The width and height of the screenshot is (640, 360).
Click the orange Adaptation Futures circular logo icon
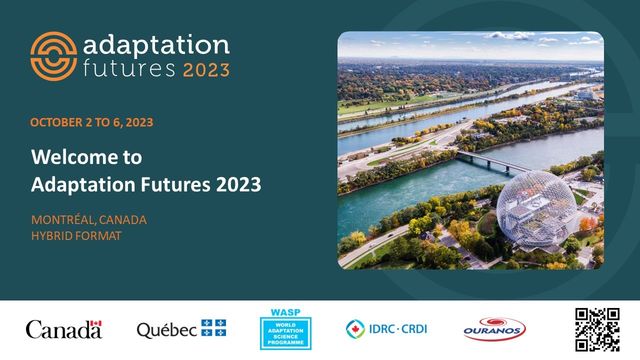pos(53,55)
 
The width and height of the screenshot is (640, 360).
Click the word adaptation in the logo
pos(156,45)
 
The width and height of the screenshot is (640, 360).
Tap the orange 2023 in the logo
pos(205,70)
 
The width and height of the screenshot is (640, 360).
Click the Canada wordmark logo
pos(63,330)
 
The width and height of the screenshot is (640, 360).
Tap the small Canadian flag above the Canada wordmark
pos(95,323)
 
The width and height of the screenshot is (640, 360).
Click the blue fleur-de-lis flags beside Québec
pos(213,329)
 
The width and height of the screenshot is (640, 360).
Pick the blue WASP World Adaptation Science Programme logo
pos(285,329)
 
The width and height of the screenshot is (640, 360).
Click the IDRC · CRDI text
pos(400,329)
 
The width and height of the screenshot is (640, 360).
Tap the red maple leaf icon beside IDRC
pos(355,329)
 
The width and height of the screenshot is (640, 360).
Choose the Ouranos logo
pos(494,329)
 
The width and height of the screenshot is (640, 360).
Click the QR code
pos(597,329)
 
